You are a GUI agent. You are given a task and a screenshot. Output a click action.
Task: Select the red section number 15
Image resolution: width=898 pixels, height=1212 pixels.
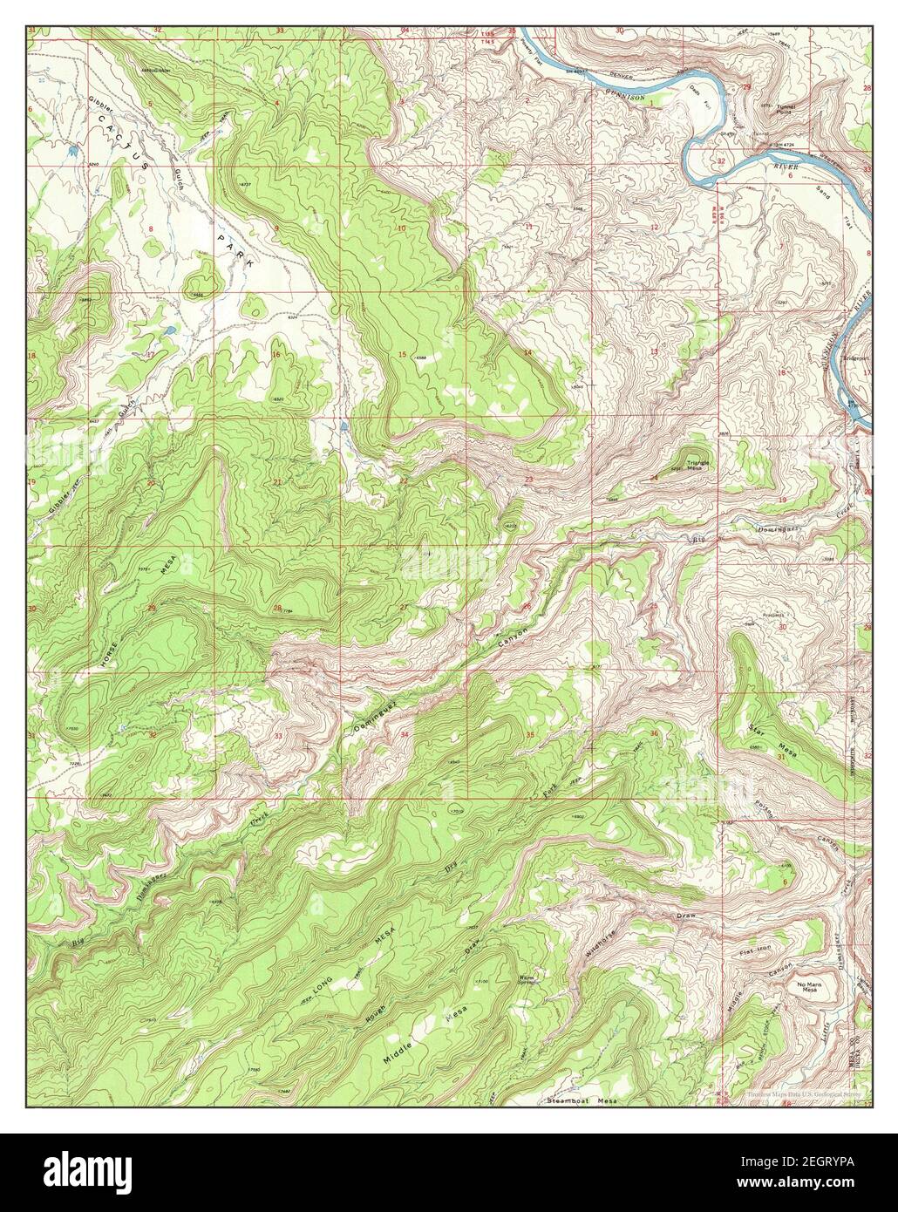pos(402,353)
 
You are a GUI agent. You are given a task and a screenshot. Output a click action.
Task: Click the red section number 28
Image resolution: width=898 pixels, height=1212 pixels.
pos(278,608)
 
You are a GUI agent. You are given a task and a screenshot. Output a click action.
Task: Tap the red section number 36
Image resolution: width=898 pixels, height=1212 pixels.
pos(654,732)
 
